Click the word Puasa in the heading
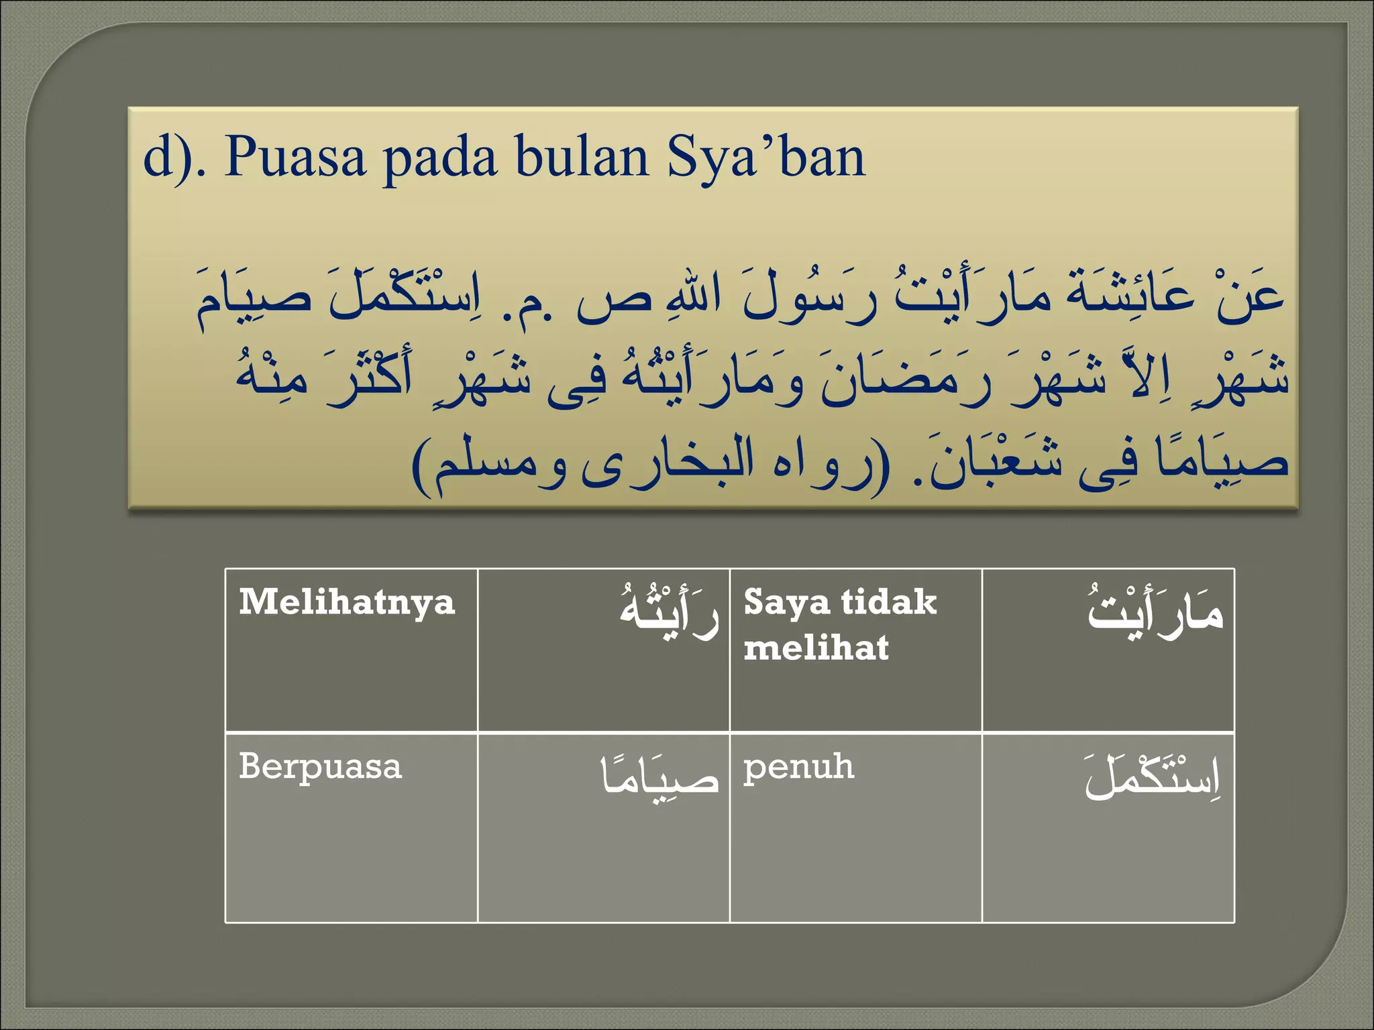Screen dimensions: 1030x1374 pyautogui.click(x=295, y=158)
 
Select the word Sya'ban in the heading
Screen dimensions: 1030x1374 pyautogui.click(x=765, y=158)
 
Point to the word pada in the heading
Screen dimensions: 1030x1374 pyautogui.click(x=439, y=158)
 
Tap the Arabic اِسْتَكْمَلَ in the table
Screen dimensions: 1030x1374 pyautogui.click(x=1152, y=777)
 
